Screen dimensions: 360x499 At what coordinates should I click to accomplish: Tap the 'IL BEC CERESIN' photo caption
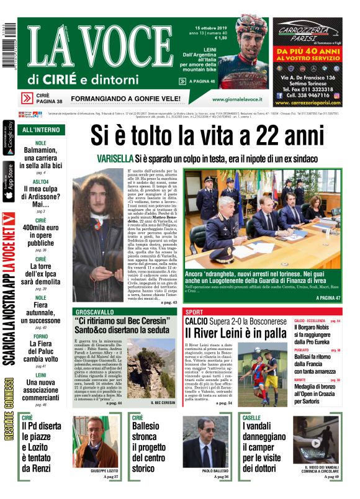tap(158, 403)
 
